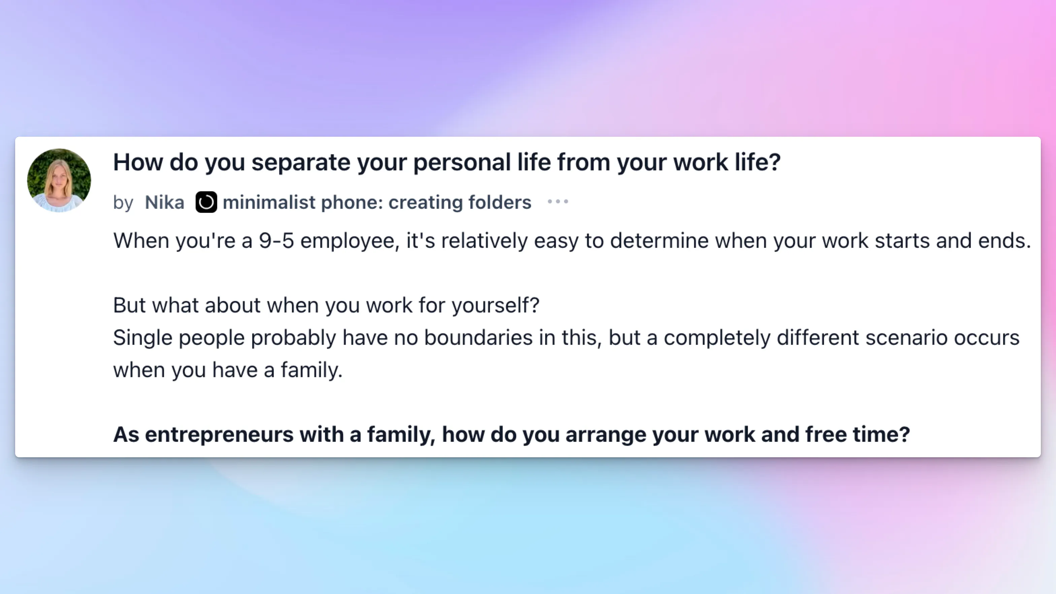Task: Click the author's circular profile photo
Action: pyautogui.click(x=59, y=180)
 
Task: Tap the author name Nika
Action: pyautogui.click(x=164, y=202)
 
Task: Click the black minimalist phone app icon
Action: pyautogui.click(x=206, y=202)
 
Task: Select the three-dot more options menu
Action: pyautogui.click(x=558, y=201)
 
